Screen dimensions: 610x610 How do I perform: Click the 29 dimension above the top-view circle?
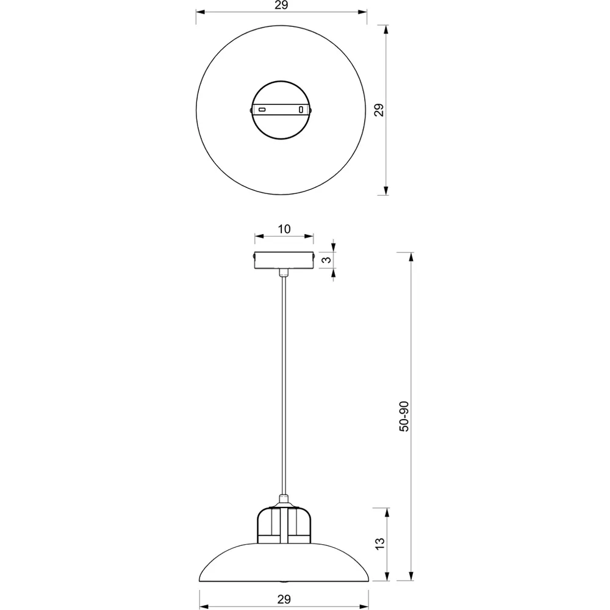(x=281, y=5)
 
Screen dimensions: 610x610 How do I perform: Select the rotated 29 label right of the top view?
(x=379, y=110)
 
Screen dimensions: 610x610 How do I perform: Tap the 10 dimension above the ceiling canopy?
(x=284, y=229)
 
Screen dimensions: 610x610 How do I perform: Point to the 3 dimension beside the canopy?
(x=326, y=260)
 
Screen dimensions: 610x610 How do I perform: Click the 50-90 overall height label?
(x=403, y=417)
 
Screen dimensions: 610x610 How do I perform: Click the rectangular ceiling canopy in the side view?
(x=284, y=260)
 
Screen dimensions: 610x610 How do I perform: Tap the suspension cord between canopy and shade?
(x=284, y=384)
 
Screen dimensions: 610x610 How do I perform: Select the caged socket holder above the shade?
(x=284, y=525)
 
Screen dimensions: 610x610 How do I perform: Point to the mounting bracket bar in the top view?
(x=281, y=110)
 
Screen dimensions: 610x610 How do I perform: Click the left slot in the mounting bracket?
(x=262, y=110)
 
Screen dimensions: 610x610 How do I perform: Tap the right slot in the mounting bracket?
(x=300, y=110)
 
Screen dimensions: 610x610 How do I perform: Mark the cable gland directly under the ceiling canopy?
(x=284, y=272)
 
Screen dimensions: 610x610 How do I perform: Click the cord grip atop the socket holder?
(x=284, y=500)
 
